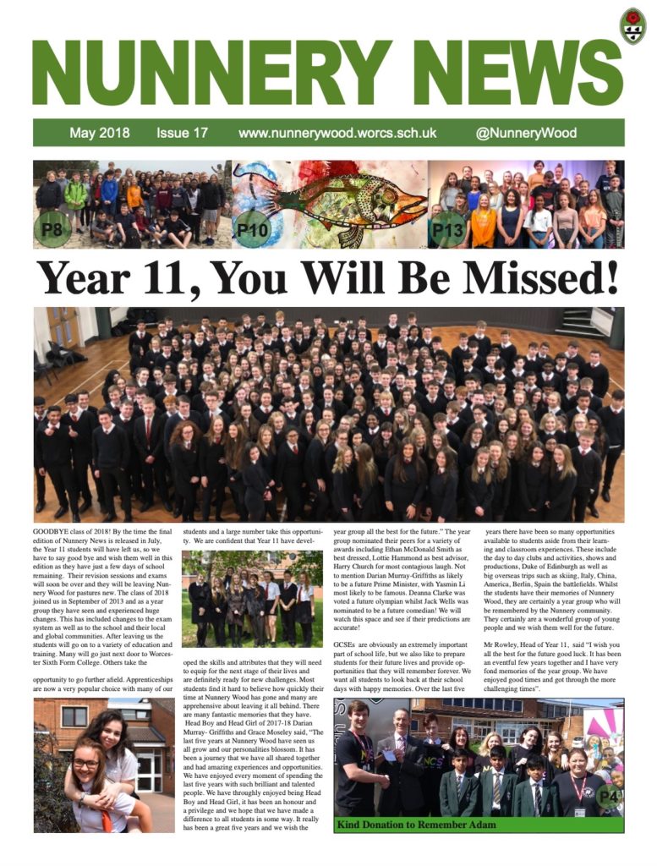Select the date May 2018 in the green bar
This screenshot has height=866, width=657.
pos(100,133)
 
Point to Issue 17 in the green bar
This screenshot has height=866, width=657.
pos(182,133)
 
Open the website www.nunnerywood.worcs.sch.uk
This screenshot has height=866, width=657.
pos(337,133)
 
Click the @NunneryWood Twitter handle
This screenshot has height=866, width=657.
pos(526,133)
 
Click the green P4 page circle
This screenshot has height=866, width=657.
pos(608,796)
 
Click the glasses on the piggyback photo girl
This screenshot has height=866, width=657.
pos(86,764)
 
